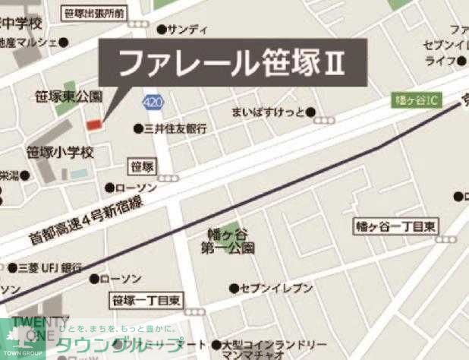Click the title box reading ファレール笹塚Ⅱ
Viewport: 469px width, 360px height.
pyautogui.click(x=232, y=64)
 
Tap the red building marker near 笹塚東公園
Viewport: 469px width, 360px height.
pyautogui.click(x=94, y=124)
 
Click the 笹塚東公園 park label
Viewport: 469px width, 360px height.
pyautogui.click(x=69, y=97)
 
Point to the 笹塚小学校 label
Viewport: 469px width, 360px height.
pyautogui.click(x=60, y=152)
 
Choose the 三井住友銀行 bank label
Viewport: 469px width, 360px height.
pyautogui.click(x=175, y=129)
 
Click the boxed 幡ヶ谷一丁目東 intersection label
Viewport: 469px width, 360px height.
pyautogui.click(x=397, y=226)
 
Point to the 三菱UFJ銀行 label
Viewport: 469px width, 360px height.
pyautogui.click(x=50, y=268)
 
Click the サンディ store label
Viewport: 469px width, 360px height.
pyautogui.click(x=187, y=30)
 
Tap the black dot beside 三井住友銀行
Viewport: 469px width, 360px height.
pyautogui.click(x=137, y=128)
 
